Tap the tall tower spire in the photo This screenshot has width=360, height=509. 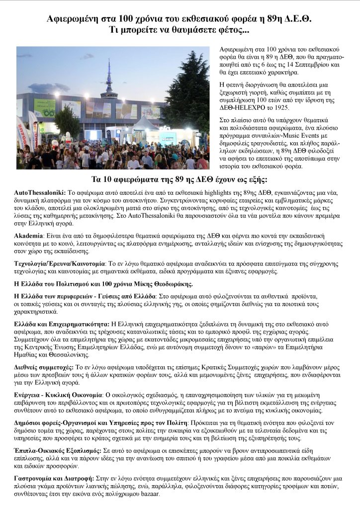tap(108, 75)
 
